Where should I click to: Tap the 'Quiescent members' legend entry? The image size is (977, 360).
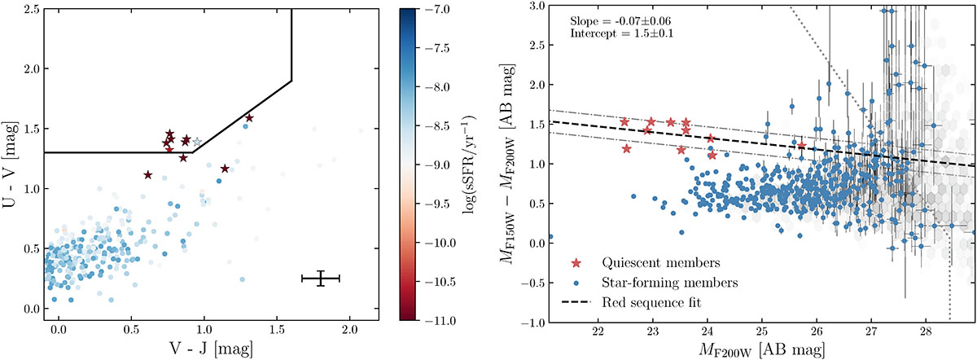click(x=646, y=263)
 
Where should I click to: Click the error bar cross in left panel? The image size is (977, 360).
click(x=321, y=279)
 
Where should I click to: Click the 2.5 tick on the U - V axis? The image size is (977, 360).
click(x=29, y=10)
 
